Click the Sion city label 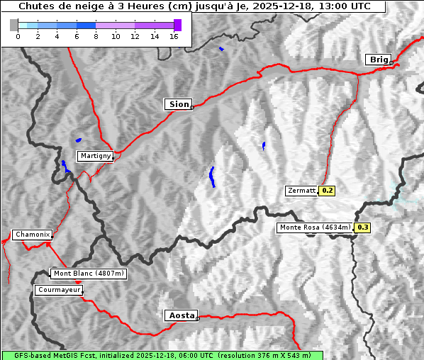coord(178,104)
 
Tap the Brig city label coord(378,60)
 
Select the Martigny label coord(95,155)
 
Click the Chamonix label coord(32,235)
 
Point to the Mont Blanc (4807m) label coord(89,274)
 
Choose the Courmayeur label coord(59,290)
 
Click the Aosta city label coord(180,315)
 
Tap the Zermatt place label coord(301,191)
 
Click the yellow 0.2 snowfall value coord(327,191)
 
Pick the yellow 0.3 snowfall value coord(362,227)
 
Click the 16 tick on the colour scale coord(174,37)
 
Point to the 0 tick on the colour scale coord(18,37)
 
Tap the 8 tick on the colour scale coord(96,37)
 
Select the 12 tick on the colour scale coord(135,37)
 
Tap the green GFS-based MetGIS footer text coord(162,355)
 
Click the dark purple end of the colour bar coord(177,26)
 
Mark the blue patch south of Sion coord(212,177)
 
